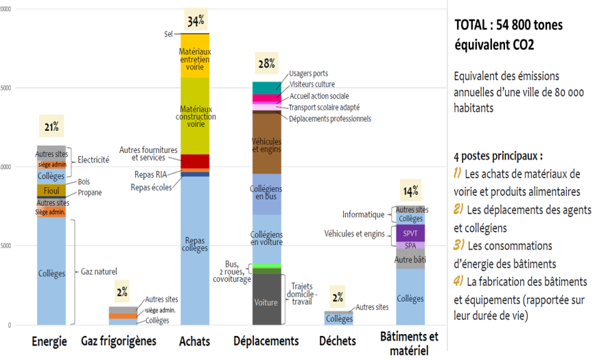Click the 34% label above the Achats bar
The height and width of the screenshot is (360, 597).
194,21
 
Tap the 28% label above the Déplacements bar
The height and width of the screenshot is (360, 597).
266,64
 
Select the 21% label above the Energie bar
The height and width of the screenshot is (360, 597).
51,127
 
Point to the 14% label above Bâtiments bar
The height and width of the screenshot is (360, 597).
410,191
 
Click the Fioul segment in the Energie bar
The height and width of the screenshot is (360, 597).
51,190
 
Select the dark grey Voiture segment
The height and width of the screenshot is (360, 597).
266,301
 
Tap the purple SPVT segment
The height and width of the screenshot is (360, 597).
410,233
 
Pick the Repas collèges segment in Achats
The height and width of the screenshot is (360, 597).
194,244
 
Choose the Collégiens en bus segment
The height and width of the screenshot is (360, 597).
266,192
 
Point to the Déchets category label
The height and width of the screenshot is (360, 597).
338,341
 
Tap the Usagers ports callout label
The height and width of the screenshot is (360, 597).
308,73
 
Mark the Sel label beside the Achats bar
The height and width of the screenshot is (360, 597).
168,34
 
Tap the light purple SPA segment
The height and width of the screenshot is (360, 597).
410,245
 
